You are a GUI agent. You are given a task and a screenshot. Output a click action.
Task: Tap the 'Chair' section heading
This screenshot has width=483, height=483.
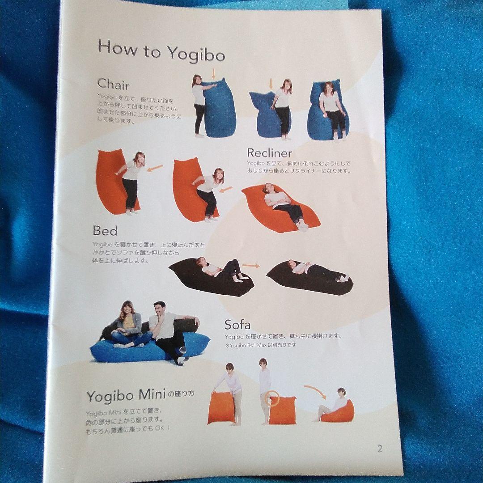tap(113, 84)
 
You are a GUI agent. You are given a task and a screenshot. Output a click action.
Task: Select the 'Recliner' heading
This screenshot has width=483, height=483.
tap(269, 154)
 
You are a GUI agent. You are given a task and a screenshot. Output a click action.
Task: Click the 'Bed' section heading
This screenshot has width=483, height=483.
tap(105, 231)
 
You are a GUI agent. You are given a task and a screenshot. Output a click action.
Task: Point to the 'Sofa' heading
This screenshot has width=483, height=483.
tap(237, 324)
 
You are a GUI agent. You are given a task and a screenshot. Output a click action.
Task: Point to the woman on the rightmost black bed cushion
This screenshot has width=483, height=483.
tap(313, 271)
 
